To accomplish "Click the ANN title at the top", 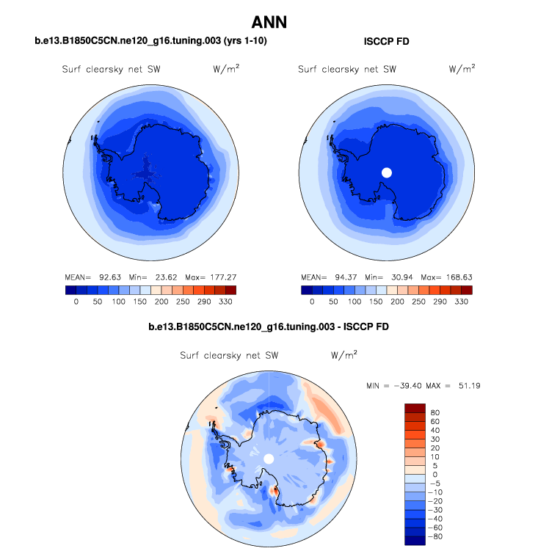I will [x=269, y=23].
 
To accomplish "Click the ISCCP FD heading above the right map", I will [x=387, y=42].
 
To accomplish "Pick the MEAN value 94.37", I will [x=343, y=278].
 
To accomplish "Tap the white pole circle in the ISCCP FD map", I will [x=387, y=172].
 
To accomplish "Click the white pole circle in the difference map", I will [x=269, y=458].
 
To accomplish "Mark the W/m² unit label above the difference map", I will [x=344, y=355].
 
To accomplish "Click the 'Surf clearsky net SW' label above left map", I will [x=112, y=70].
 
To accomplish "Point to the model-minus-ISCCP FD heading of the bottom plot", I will [x=269, y=325].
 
